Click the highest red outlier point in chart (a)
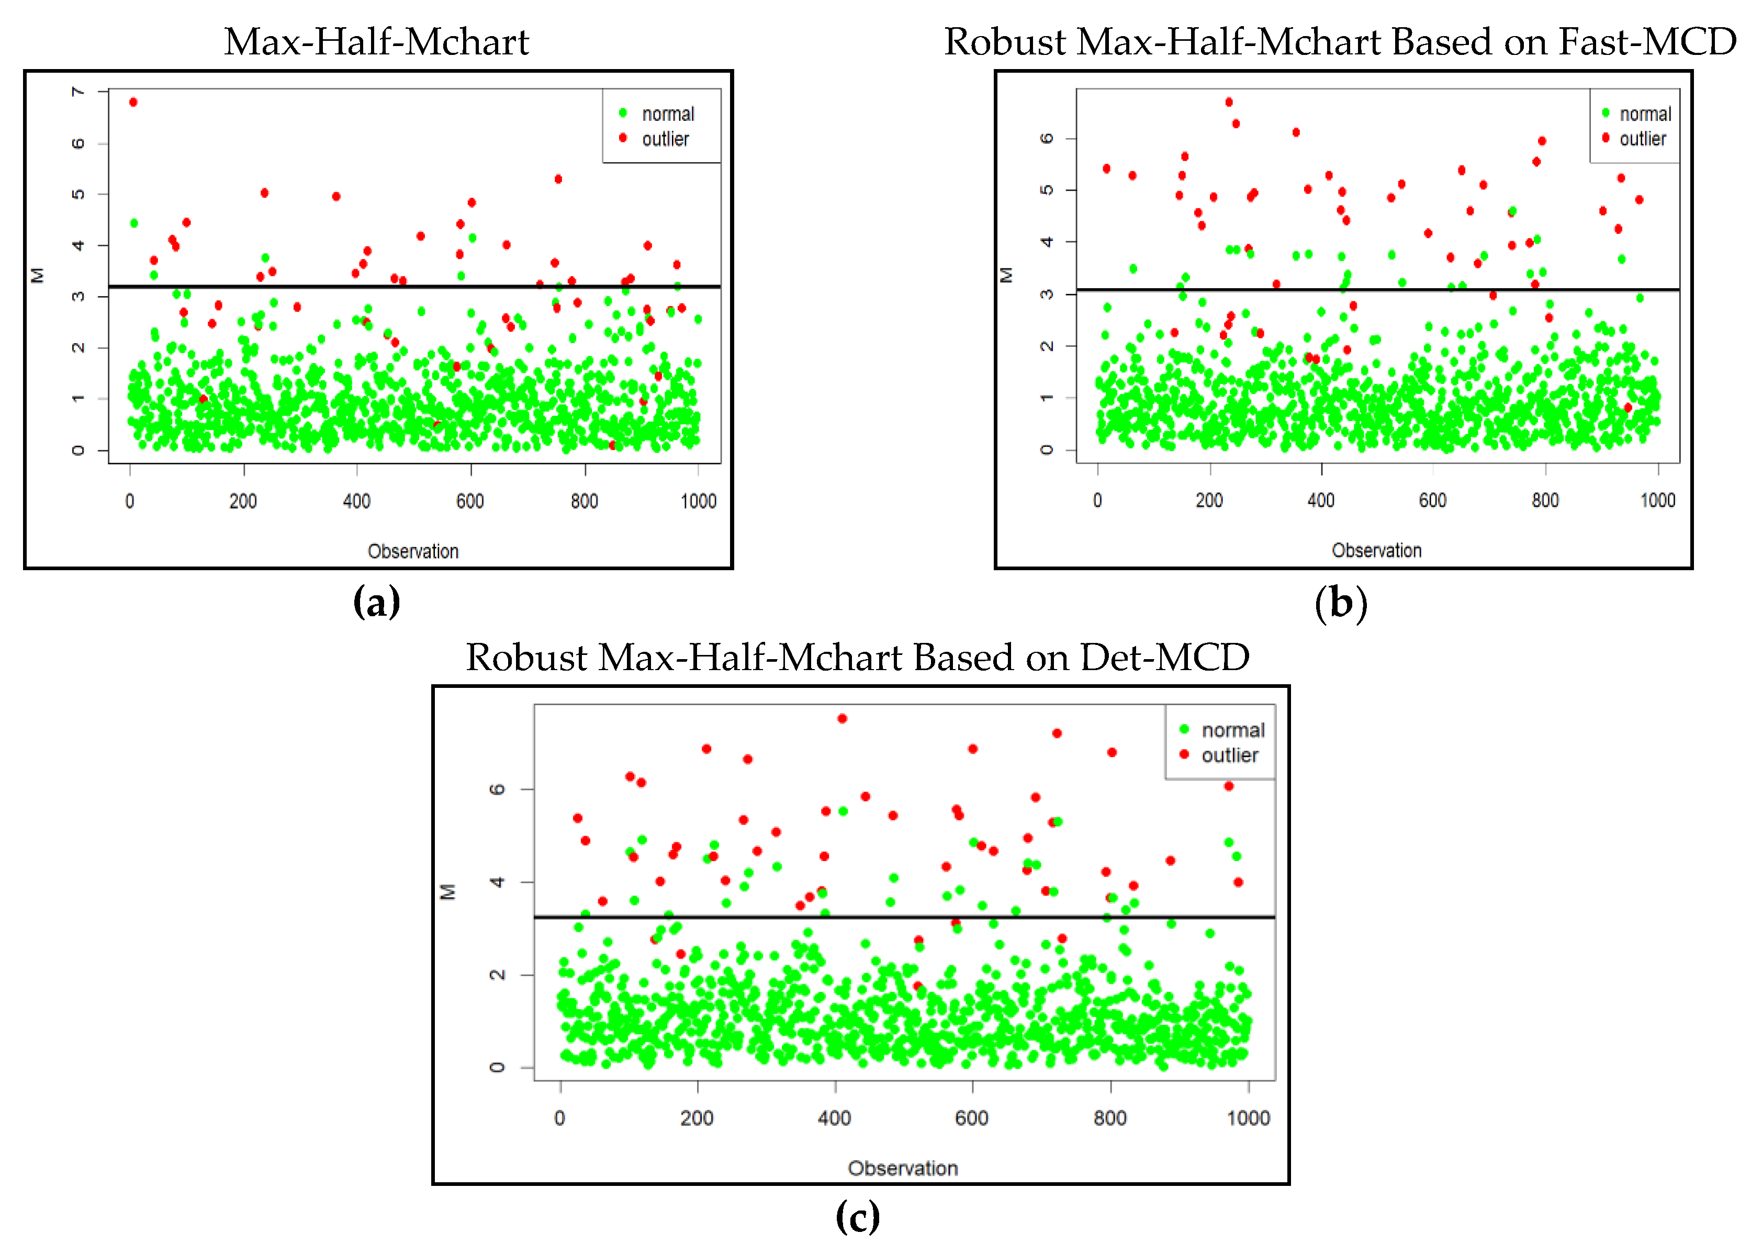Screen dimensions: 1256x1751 (133, 102)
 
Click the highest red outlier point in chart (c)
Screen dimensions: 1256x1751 (843, 719)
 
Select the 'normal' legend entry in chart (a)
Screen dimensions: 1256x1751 (668, 114)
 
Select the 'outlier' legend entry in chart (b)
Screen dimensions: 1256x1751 (1642, 139)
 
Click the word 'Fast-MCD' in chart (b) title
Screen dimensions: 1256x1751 (1647, 42)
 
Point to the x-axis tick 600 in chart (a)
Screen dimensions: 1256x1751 (470, 502)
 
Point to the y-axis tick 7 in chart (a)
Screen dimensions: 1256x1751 (78, 92)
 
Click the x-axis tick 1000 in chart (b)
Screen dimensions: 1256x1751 (1657, 501)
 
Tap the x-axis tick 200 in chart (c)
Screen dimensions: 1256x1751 (697, 1118)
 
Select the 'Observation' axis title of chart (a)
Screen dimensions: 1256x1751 (413, 551)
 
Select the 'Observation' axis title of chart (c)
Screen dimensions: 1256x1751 (903, 1168)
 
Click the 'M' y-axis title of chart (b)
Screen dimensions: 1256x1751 (1006, 275)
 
